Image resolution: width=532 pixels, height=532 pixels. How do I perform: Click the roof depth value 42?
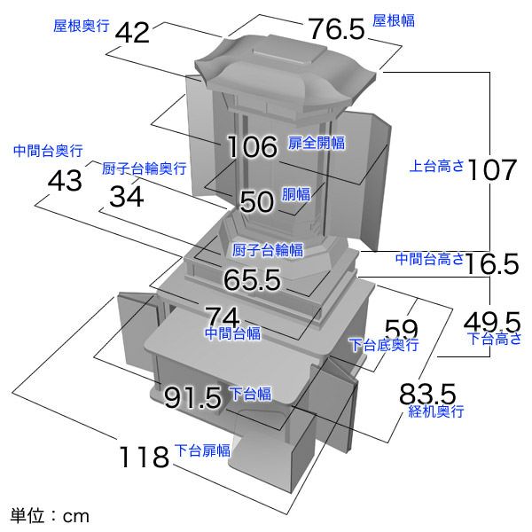[132, 33]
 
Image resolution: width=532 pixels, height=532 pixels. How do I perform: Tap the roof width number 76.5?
[336, 29]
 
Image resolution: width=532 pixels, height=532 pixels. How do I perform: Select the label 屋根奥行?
[82, 26]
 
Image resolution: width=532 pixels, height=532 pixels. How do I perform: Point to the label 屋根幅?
[394, 20]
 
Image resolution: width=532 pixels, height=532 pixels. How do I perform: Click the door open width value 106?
[252, 146]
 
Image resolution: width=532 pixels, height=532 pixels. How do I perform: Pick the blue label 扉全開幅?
[317, 143]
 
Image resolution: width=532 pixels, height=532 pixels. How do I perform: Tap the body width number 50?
[257, 201]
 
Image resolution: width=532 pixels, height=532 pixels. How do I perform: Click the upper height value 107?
[492, 170]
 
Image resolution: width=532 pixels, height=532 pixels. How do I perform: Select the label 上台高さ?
[437, 166]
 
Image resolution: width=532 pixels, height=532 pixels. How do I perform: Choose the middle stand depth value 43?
[65, 181]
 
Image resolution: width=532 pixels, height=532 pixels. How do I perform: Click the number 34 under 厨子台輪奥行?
[127, 197]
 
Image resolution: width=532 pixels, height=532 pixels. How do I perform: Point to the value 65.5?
[252, 279]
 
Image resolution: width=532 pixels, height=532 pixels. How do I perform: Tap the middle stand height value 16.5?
[492, 263]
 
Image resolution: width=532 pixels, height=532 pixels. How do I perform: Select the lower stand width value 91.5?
[192, 397]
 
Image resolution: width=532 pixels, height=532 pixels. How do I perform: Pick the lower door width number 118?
[145, 457]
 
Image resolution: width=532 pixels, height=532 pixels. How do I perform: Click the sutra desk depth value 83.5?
[427, 394]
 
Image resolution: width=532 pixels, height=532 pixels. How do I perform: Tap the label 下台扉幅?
[202, 450]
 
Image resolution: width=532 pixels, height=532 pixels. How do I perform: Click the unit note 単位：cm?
[50, 515]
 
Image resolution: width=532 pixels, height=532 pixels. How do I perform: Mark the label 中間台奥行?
[48, 151]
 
